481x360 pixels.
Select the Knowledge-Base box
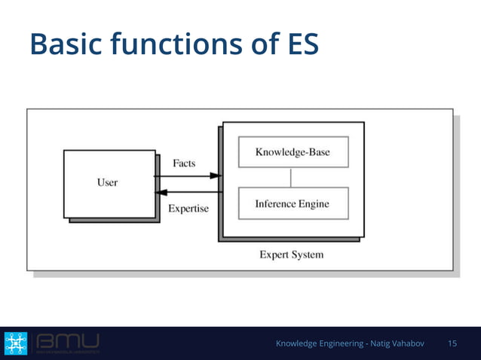coord(292,152)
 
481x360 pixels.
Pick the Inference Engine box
coord(292,204)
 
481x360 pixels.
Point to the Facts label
coord(185,163)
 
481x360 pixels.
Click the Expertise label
coord(188,208)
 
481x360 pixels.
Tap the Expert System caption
coord(292,255)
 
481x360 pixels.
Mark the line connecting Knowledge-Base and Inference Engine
coord(291,178)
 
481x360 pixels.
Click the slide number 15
coord(452,343)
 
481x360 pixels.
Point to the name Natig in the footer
coord(384,343)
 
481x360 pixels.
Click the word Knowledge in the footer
coord(298,343)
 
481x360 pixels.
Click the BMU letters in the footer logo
coord(67,342)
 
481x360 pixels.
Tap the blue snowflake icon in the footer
coord(16,343)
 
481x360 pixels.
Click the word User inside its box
coord(108,182)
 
